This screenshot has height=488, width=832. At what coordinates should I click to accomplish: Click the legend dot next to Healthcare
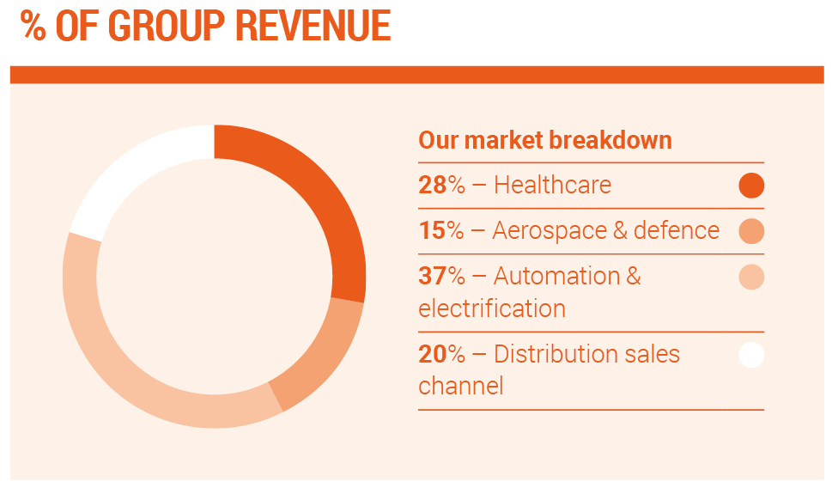tap(751, 186)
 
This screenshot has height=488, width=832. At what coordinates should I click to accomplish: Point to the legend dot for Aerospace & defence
tap(751, 231)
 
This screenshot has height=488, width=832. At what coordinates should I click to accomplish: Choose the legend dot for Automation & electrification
tap(751, 278)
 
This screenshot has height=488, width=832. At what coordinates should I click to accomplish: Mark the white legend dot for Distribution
tap(751, 355)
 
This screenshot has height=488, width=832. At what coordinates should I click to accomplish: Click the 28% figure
tap(441, 185)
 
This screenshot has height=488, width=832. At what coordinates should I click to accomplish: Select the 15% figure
tap(441, 230)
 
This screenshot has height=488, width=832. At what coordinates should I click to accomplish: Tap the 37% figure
tap(441, 276)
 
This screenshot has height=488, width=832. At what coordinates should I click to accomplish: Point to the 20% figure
tap(441, 354)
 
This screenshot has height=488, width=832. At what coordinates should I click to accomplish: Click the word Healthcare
tap(552, 185)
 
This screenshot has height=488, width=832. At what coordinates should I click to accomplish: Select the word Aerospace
tap(550, 231)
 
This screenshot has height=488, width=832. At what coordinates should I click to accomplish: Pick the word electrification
tap(492, 308)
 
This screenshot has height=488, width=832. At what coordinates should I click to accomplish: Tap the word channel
tap(460, 386)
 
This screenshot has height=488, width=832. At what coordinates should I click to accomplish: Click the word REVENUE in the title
tap(313, 26)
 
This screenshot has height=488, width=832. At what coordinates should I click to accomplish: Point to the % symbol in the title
tap(33, 26)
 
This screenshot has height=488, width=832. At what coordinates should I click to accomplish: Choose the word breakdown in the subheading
tap(610, 140)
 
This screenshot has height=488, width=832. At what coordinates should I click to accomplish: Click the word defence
tap(677, 230)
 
